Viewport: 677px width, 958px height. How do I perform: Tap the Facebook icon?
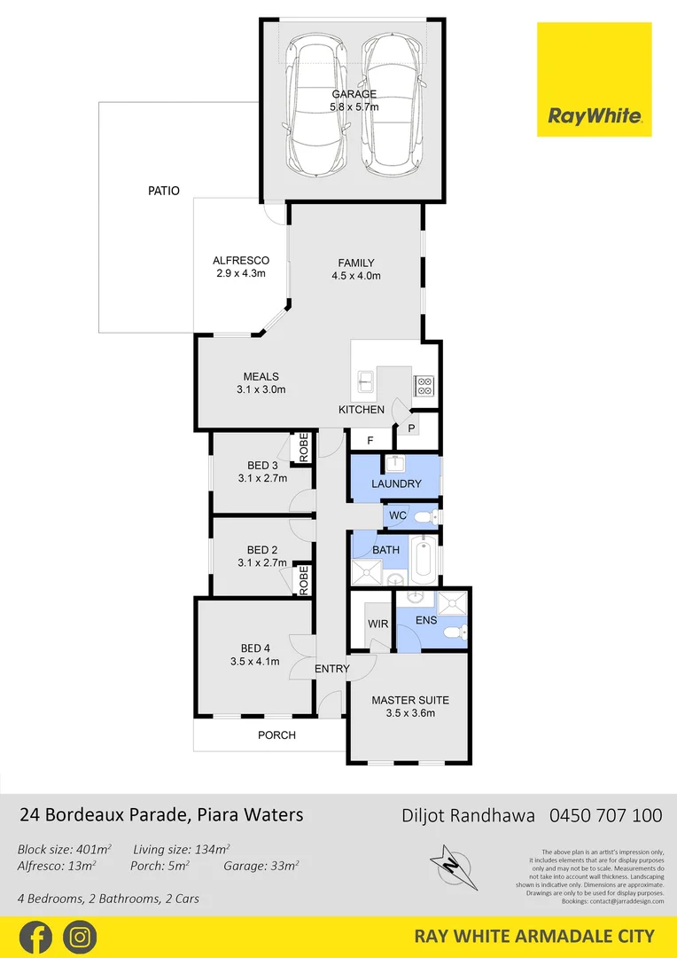[x=35, y=937]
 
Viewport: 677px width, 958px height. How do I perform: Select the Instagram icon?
[x=80, y=937]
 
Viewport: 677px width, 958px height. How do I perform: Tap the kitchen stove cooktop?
[x=424, y=384]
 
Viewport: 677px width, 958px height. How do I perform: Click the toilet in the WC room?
[x=428, y=516]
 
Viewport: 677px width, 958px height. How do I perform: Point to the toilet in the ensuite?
[x=455, y=632]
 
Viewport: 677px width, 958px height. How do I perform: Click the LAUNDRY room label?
[x=396, y=484]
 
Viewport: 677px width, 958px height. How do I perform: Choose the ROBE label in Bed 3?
[x=303, y=447]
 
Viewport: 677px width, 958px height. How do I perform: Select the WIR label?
[x=378, y=624]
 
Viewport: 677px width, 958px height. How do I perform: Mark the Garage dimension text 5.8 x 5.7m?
[x=354, y=107]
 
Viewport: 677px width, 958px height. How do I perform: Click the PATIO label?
[x=163, y=191]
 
